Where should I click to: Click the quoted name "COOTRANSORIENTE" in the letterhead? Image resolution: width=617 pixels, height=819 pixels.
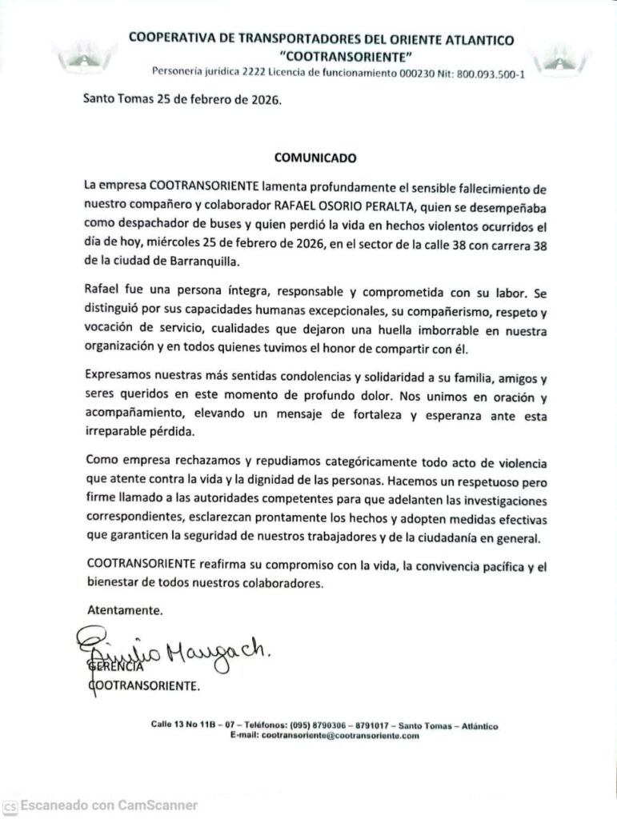321,55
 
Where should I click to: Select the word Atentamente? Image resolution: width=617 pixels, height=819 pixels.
124,609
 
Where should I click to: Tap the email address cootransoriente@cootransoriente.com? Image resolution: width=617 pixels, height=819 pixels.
340,735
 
